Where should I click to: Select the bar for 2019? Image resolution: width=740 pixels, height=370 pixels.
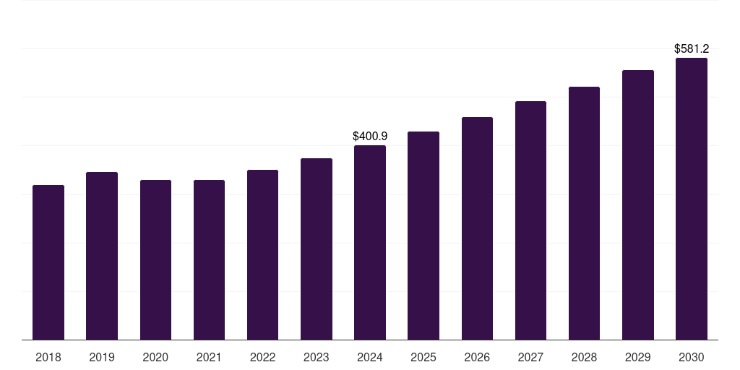tap(102, 256)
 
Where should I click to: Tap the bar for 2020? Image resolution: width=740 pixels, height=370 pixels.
tap(155, 259)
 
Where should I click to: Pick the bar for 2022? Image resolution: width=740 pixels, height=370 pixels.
tap(262, 254)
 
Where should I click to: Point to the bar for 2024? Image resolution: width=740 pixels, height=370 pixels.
tap(370, 242)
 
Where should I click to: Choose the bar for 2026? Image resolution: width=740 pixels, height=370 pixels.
tap(477, 228)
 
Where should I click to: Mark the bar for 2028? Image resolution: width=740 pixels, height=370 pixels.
tap(584, 213)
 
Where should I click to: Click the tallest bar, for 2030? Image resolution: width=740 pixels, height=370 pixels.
tap(692, 199)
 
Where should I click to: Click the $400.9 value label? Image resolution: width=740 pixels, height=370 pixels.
tap(370, 136)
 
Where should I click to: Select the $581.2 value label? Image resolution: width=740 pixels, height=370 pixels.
tap(692, 49)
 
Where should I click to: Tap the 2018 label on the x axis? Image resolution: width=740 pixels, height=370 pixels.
tap(48, 357)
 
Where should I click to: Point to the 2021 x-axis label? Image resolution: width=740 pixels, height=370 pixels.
tap(209, 357)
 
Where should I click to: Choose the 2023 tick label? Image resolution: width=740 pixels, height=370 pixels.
tap(317, 357)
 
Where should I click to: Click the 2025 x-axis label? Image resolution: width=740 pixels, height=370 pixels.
tap(423, 357)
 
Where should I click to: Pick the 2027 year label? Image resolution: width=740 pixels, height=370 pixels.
tap(530, 357)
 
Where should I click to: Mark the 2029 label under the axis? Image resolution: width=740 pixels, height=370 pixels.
tap(638, 357)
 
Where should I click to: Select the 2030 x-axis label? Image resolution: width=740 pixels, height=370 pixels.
tap(692, 357)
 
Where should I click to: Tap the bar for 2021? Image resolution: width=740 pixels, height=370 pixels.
tap(209, 259)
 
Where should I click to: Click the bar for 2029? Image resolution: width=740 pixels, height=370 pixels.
tap(638, 205)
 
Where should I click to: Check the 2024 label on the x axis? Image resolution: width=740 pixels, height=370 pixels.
tap(370, 357)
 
